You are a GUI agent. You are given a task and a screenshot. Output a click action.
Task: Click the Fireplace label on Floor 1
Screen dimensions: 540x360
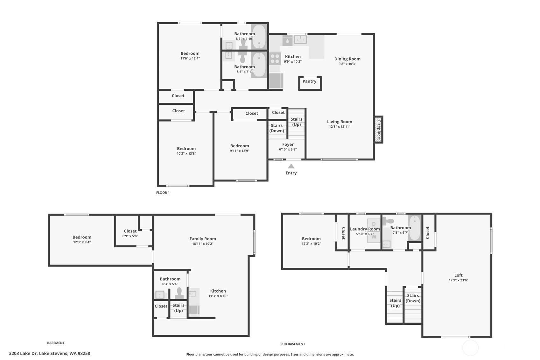tap(379, 130)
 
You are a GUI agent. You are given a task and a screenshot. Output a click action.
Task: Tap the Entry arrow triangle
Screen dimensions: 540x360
tap(291, 166)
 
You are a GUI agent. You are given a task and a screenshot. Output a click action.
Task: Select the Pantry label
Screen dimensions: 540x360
tap(309, 81)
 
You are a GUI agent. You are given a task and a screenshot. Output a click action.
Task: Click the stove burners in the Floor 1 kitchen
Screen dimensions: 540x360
tap(275, 59)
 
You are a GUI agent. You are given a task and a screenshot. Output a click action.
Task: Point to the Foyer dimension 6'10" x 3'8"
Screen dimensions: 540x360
tap(288, 149)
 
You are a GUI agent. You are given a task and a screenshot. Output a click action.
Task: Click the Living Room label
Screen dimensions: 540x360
tap(340, 122)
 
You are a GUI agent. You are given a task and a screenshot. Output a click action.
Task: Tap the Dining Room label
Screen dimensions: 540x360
tap(347, 59)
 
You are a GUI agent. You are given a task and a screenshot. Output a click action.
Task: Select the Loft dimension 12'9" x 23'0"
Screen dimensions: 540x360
tap(458, 280)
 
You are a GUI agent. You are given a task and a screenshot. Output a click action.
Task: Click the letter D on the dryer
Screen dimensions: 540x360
tap(374, 224)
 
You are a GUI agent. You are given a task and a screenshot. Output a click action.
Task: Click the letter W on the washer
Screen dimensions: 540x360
tap(374, 236)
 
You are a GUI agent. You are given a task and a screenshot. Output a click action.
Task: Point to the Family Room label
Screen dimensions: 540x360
tap(203, 239)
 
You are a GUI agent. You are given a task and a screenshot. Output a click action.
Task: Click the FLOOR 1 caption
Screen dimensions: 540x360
tap(163, 193)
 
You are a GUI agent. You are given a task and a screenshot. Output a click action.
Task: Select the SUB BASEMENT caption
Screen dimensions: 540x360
tap(293, 344)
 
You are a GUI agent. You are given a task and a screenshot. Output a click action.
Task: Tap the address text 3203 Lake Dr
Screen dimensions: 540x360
tap(23, 354)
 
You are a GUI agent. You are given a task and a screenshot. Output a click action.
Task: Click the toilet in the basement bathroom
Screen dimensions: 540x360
tap(179, 293)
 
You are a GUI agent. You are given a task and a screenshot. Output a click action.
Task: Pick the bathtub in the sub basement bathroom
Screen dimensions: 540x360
tap(415, 228)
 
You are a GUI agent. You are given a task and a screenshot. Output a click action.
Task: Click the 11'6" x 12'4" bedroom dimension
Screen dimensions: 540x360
tap(190, 58)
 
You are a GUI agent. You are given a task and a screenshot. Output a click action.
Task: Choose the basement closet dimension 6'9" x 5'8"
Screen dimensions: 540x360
tap(130, 236)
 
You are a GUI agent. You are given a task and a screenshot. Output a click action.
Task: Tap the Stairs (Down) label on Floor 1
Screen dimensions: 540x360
tap(277, 128)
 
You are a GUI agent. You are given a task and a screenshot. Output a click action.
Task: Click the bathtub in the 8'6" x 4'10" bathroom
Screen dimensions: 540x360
tap(259, 37)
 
